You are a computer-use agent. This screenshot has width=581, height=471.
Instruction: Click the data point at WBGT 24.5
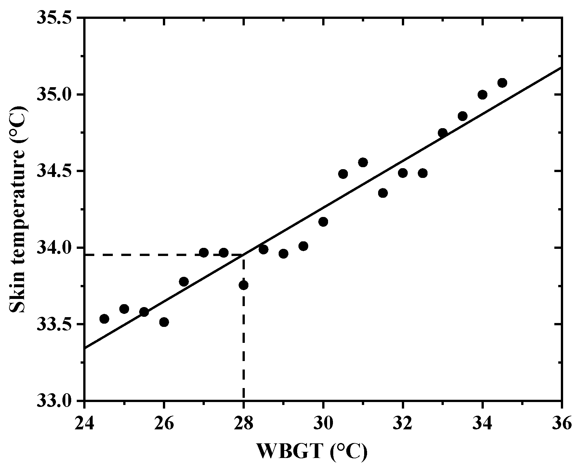pyautogui.click(x=104, y=319)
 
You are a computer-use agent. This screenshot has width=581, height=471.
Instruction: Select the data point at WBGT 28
pyautogui.click(x=244, y=285)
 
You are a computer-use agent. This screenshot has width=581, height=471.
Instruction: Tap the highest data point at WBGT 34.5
pyautogui.click(x=502, y=83)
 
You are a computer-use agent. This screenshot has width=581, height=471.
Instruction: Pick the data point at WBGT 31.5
pyautogui.click(x=383, y=193)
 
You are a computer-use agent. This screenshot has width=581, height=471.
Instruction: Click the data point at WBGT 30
pyautogui.click(x=323, y=222)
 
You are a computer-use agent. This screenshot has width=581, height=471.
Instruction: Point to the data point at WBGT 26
pyautogui.click(x=164, y=322)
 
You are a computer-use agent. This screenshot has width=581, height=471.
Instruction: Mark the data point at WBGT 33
pyautogui.click(x=442, y=133)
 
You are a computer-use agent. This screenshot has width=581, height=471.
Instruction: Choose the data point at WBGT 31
pyautogui.click(x=363, y=162)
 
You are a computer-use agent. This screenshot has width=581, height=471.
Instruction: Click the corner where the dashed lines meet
pyautogui.click(x=244, y=255)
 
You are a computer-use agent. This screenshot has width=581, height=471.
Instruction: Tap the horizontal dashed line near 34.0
pyautogui.click(x=146, y=255)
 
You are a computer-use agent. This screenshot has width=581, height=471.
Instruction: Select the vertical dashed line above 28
pyautogui.click(x=244, y=342)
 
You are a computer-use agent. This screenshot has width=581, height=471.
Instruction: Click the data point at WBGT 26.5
pyautogui.click(x=184, y=282)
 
